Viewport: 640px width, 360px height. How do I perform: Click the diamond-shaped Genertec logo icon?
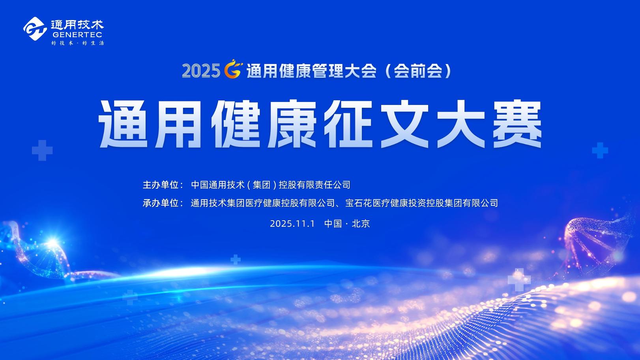(35, 28)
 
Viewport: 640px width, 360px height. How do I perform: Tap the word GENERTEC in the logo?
(77, 35)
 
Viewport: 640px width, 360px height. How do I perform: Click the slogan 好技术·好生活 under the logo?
(77, 43)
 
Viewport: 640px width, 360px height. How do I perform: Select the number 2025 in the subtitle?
(201, 71)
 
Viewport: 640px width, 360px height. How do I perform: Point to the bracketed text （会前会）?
(419, 71)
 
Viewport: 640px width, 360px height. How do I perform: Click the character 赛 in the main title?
(517, 124)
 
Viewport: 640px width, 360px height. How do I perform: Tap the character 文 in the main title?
(404, 124)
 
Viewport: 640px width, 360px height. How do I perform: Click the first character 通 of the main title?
(123, 124)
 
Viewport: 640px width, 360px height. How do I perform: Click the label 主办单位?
(161, 185)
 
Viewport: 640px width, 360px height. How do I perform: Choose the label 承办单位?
(161, 203)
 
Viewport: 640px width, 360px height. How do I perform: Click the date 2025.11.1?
(292, 223)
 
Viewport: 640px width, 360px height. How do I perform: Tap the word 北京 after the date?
(361, 223)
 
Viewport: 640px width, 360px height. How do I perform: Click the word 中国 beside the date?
(333, 223)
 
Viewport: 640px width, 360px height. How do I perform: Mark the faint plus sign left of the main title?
(42, 150)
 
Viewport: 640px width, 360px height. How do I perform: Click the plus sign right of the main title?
(600, 150)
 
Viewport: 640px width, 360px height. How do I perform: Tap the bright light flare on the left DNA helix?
(52, 243)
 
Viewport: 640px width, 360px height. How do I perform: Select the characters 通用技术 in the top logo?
(77, 24)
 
